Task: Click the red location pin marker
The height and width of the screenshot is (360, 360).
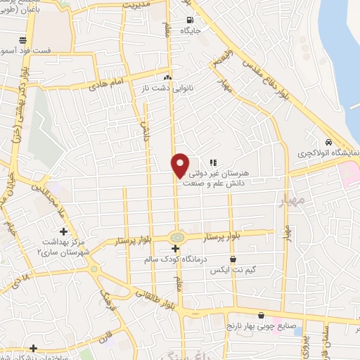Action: (x=180, y=165)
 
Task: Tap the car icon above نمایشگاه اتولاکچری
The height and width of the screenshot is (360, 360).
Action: (x=328, y=141)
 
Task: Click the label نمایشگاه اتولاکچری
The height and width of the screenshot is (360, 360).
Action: (x=327, y=153)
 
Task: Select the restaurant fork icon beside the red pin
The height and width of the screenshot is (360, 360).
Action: (x=212, y=162)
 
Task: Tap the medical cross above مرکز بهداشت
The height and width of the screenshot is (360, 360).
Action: (x=63, y=231)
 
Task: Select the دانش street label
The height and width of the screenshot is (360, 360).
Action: (x=148, y=131)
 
